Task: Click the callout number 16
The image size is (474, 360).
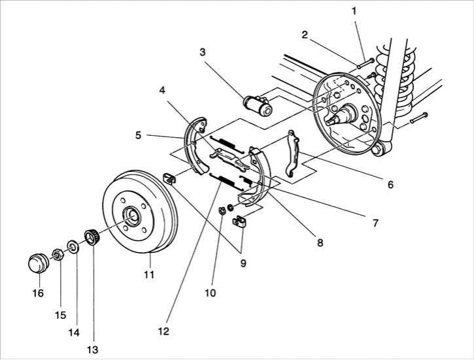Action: [x=38, y=293]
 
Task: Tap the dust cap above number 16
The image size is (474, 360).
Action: [x=39, y=263]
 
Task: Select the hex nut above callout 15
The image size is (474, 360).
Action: [x=58, y=254]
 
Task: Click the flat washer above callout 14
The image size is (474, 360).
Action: [x=73, y=246]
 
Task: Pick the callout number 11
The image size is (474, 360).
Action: [x=149, y=275]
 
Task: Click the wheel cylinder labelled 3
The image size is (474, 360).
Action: [x=258, y=105]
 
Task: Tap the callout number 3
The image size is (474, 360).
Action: [x=202, y=52]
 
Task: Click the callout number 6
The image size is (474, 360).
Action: [x=390, y=184]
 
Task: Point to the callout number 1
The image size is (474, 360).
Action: [x=354, y=11]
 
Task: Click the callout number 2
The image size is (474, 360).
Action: [x=305, y=35]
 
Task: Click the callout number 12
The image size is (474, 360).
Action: [x=163, y=331]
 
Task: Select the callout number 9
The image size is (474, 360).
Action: [x=243, y=263]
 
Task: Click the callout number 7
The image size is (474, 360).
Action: [x=375, y=223]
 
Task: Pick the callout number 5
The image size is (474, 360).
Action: [x=138, y=135]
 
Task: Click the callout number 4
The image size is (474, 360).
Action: [x=162, y=90]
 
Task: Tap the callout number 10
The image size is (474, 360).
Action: [x=211, y=293]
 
